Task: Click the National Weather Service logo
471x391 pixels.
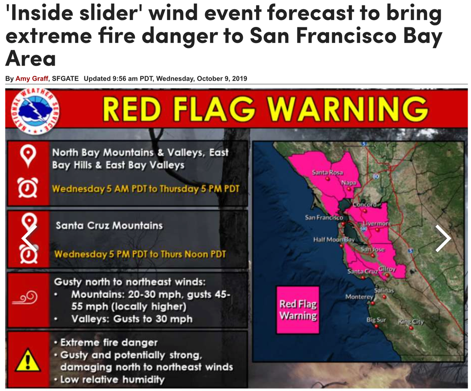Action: (x=35, y=111)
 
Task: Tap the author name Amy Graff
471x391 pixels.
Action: (x=32, y=79)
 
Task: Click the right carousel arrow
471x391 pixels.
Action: (x=443, y=239)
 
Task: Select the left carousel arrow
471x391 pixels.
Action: (x=29, y=239)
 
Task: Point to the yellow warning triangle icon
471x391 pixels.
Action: (x=28, y=360)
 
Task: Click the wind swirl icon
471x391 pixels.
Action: (x=25, y=298)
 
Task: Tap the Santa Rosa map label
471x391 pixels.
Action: (x=327, y=173)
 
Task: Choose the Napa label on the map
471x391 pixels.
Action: (x=348, y=183)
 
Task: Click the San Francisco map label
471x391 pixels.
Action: (x=324, y=217)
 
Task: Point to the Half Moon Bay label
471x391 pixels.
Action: (x=334, y=239)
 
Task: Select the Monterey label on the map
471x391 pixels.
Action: (x=359, y=297)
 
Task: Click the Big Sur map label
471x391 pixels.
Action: (x=376, y=320)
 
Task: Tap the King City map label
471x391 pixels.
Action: (x=410, y=322)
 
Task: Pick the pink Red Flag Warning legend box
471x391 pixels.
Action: (x=298, y=310)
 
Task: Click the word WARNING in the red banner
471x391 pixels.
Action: (x=347, y=109)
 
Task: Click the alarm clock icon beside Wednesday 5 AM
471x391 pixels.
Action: (x=28, y=188)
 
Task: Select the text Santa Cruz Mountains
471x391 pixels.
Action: (x=109, y=225)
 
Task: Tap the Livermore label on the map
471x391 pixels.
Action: (x=377, y=223)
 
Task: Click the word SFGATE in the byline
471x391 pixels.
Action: (x=65, y=79)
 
